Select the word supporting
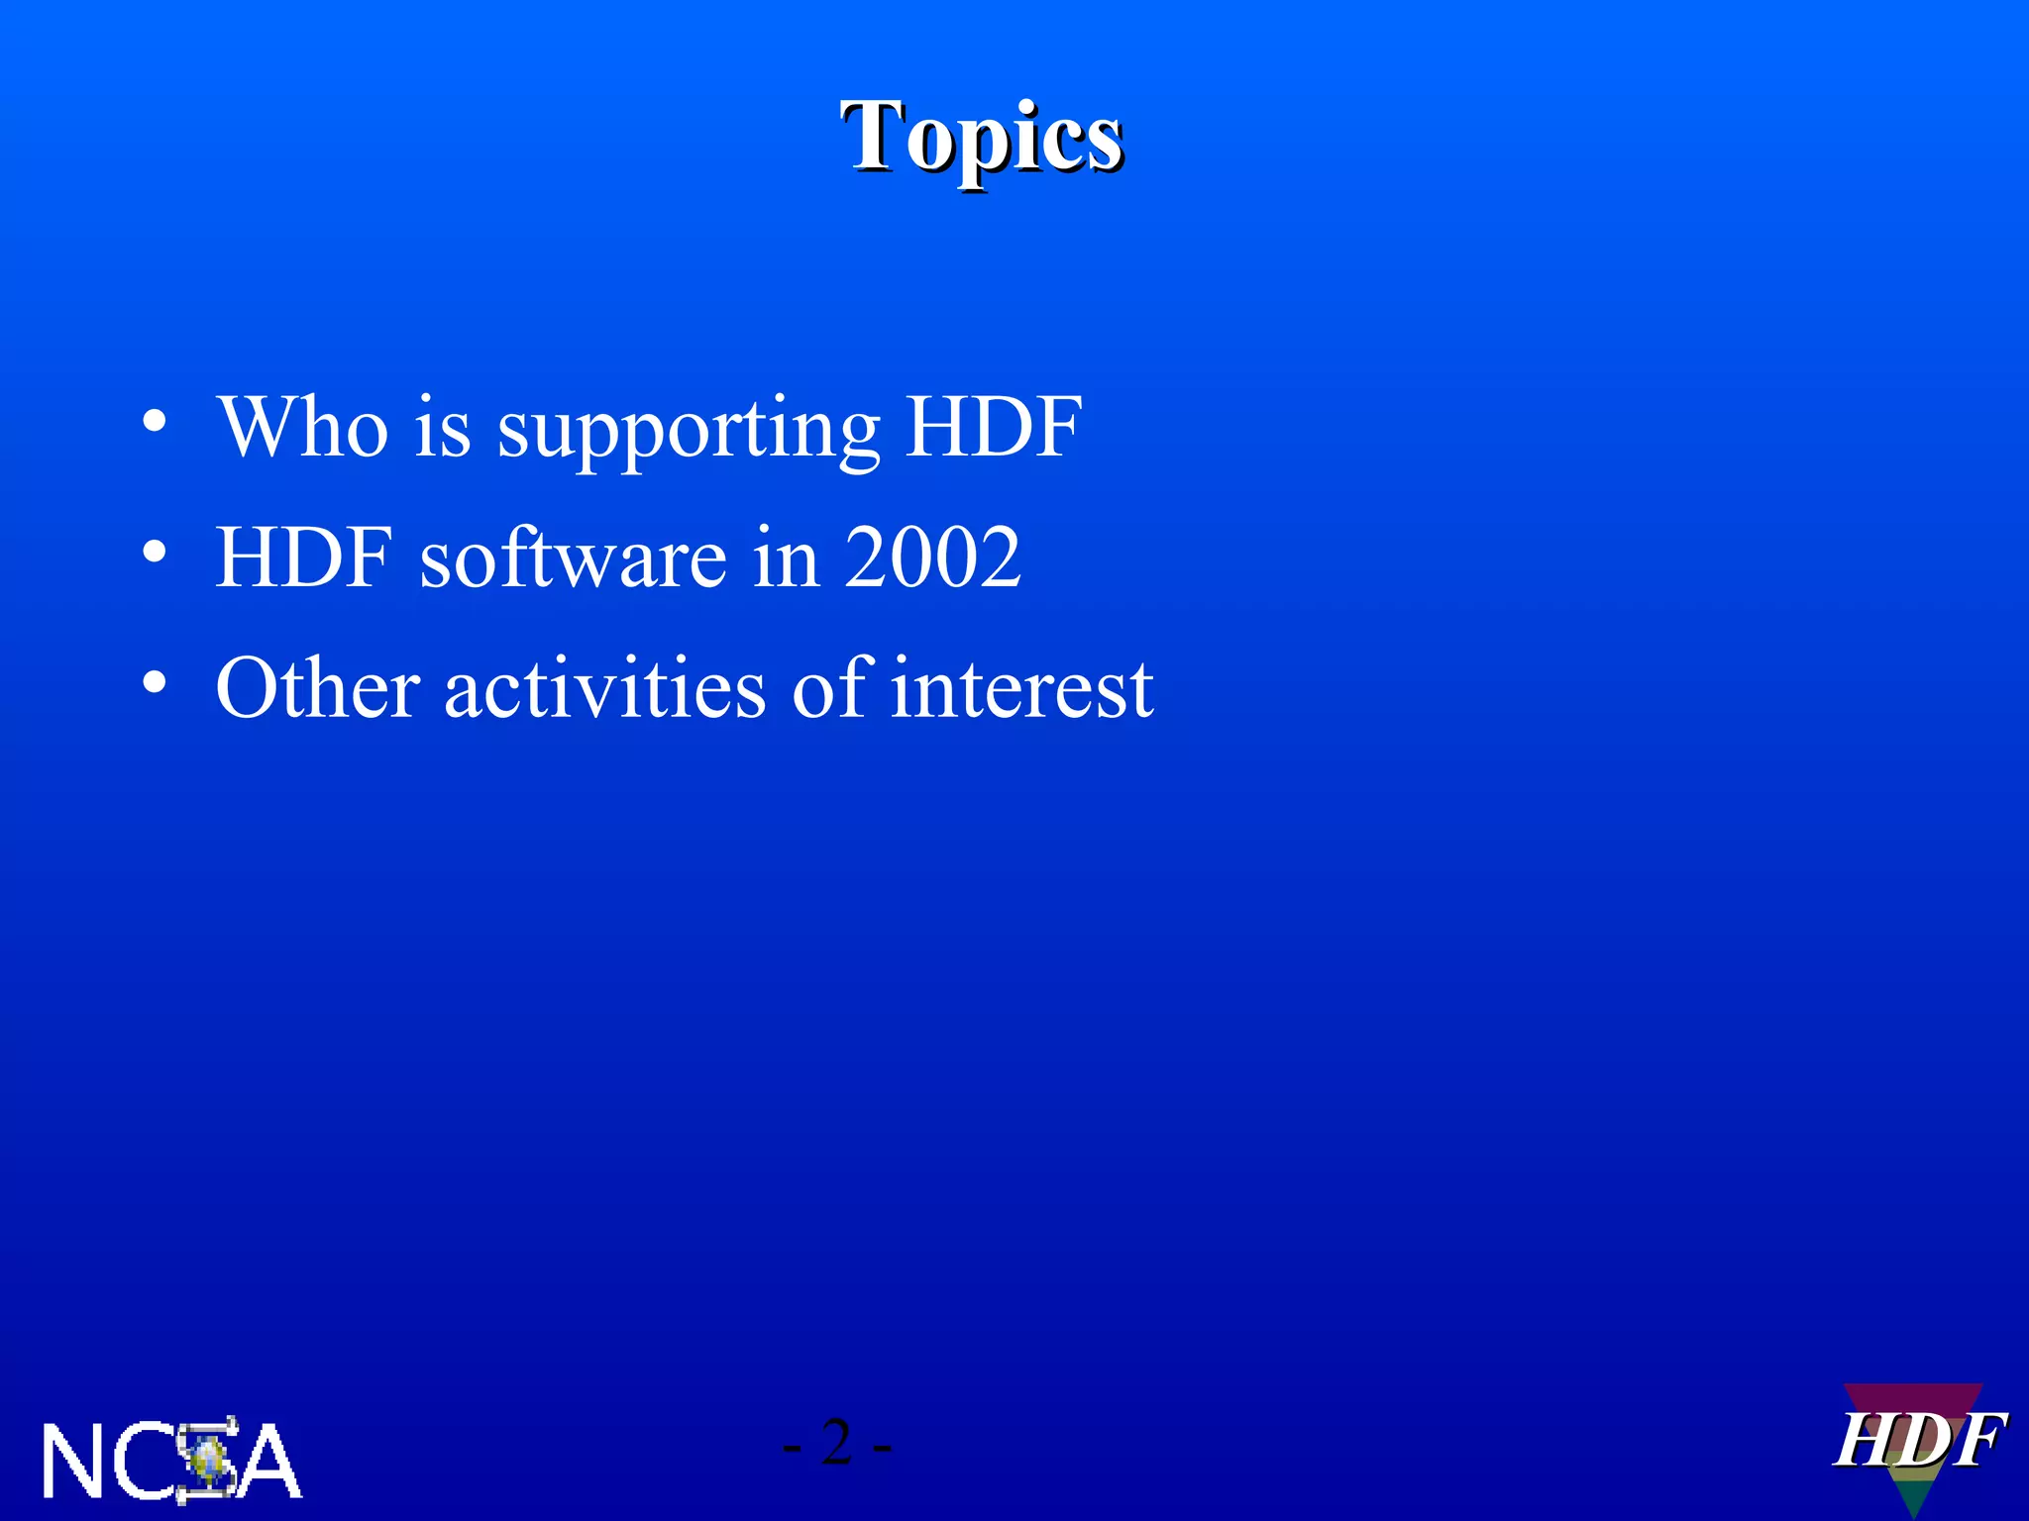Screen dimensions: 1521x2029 688,432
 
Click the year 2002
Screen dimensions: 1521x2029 932,558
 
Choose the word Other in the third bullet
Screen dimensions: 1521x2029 317,687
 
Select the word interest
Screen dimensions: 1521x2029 1021,689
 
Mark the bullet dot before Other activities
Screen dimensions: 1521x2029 154,683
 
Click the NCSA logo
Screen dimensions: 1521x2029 171,1461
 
